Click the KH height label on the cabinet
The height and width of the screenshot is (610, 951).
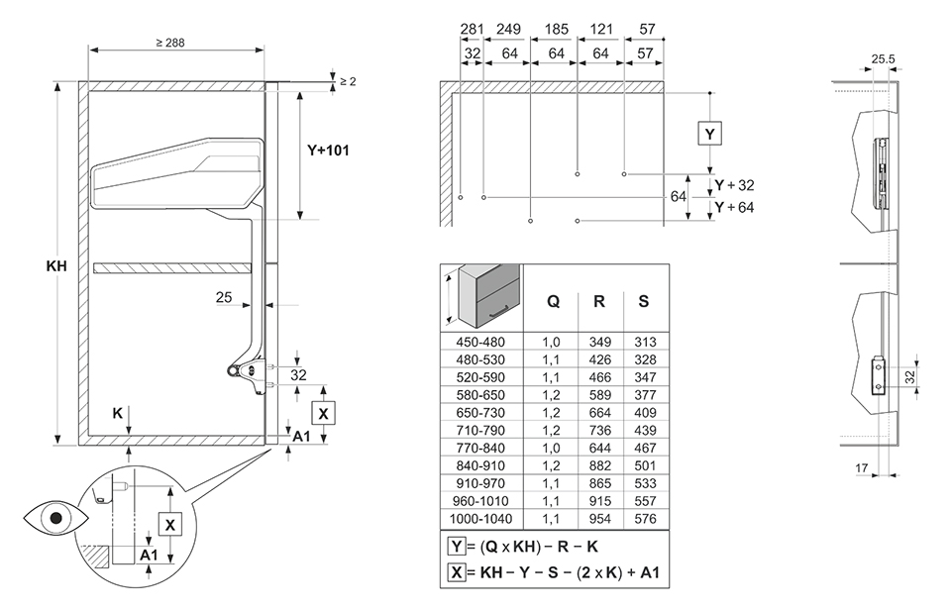[56, 266]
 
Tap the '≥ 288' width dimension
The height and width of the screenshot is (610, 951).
[169, 43]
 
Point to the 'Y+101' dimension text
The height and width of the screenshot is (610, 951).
[327, 152]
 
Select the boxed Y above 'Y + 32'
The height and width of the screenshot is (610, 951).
[709, 133]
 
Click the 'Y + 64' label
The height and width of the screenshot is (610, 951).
[734, 207]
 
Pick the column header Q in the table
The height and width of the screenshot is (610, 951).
[553, 302]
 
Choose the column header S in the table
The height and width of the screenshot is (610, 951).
[644, 302]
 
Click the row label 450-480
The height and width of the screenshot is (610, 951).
[480, 341]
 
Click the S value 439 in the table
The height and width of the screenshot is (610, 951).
[645, 431]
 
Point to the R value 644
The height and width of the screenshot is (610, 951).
[599, 449]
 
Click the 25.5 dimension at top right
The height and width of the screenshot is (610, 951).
[884, 59]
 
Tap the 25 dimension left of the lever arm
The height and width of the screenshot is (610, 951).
[224, 296]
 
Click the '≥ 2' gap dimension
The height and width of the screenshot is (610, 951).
[348, 80]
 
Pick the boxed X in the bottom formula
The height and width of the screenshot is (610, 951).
[456, 571]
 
